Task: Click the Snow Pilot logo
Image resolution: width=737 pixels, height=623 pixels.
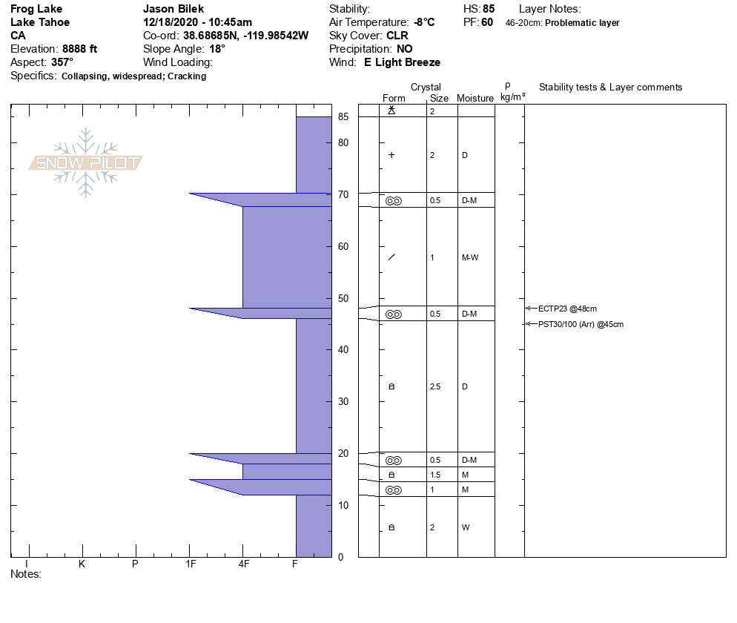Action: point(85,162)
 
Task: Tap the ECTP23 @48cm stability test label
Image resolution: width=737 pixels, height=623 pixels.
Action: point(567,309)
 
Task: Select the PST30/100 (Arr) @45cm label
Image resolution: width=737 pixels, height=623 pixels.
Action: point(581,324)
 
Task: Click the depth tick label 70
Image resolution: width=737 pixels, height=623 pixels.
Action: point(343,194)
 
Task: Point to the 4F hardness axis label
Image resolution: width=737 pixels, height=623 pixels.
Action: point(243,564)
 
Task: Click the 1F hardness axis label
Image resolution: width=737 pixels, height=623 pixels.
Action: point(191,564)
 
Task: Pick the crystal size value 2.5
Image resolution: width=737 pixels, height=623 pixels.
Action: point(435,386)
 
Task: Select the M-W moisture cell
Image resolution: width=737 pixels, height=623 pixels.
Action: point(470,257)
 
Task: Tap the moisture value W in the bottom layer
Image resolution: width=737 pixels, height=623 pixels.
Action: point(466,527)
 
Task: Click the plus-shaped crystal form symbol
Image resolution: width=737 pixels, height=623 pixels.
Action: point(391,155)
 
